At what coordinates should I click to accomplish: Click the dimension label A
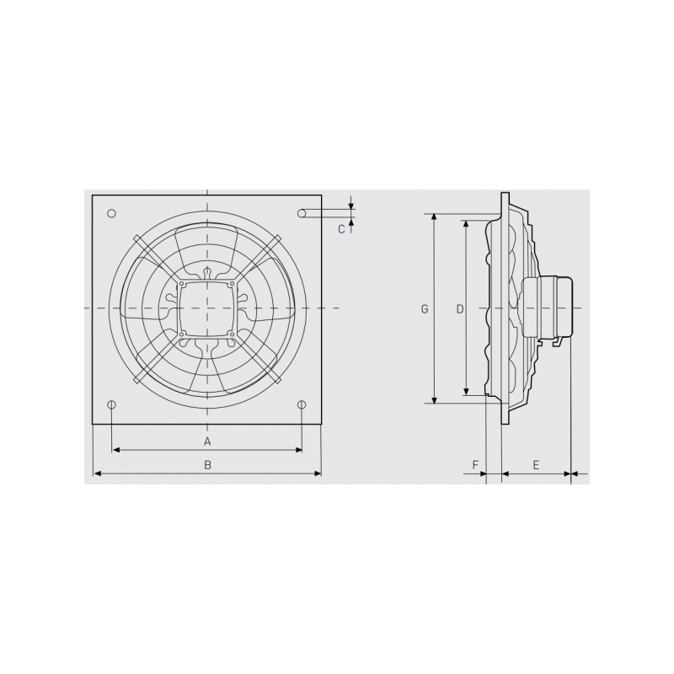(x=207, y=441)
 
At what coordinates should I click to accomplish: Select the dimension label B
(x=207, y=464)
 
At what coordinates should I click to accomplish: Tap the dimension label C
(x=341, y=228)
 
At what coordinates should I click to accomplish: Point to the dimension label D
(x=459, y=309)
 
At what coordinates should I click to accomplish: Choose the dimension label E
(x=537, y=464)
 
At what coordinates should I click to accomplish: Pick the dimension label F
(x=476, y=464)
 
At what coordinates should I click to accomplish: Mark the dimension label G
(x=425, y=309)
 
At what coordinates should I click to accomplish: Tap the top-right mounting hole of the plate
(x=302, y=214)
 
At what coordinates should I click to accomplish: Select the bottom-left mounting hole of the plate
(x=112, y=404)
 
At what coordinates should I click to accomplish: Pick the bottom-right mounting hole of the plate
(x=302, y=404)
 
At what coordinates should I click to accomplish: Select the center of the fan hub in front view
(x=207, y=309)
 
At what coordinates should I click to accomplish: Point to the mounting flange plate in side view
(x=505, y=309)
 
